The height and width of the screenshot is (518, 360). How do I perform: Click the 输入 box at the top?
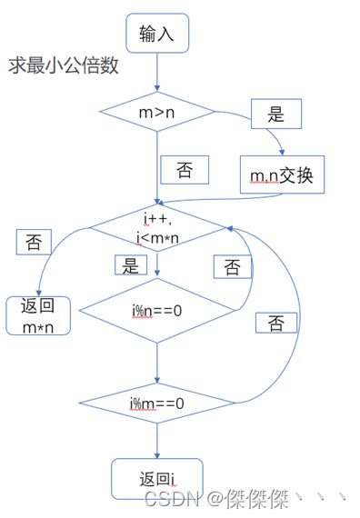point(157,35)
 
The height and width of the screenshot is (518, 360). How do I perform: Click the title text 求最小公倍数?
point(64,66)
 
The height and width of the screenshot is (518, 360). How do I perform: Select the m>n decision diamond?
point(157,112)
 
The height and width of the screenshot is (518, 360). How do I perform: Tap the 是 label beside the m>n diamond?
point(275,115)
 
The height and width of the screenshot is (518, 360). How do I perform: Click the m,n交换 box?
point(281,174)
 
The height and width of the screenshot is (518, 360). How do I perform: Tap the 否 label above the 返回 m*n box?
point(34,242)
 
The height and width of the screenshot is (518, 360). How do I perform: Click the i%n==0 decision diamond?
point(157,311)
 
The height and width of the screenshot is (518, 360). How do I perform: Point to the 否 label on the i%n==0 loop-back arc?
point(232,266)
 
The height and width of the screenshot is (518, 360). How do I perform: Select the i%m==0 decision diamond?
point(157,402)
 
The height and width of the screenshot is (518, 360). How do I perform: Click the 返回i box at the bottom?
point(157,478)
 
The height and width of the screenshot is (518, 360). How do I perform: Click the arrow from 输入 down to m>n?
point(157,73)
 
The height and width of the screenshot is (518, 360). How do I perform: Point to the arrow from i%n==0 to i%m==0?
point(157,359)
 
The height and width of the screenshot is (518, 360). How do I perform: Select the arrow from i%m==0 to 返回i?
point(157,441)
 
